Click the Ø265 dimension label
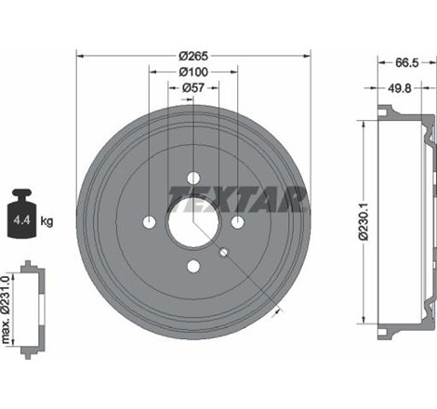click(193, 56)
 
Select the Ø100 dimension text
click(193, 72)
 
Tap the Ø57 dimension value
click(193, 88)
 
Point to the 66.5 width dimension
click(406, 62)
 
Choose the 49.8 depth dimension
click(400, 88)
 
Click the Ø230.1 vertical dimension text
click(364, 221)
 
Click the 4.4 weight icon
click(21, 214)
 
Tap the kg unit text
click(46, 221)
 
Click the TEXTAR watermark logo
click(238, 199)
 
